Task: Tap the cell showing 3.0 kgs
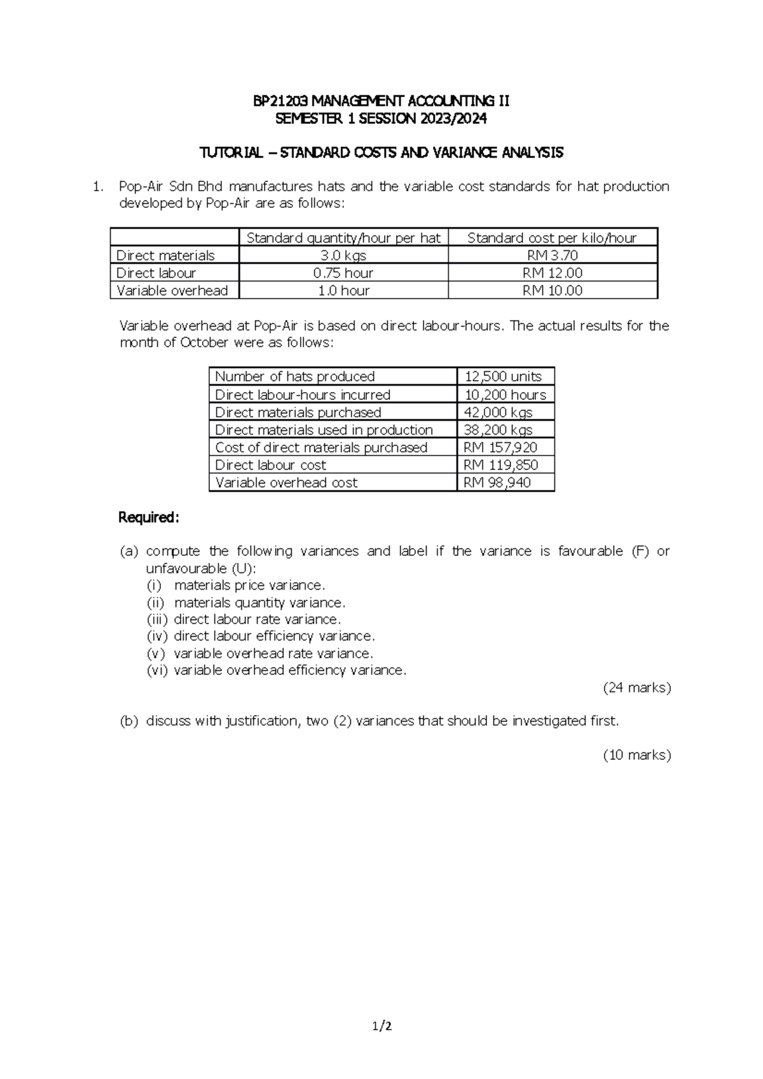(x=343, y=255)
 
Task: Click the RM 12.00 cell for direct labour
(x=552, y=273)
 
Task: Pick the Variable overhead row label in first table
(x=172, y=290)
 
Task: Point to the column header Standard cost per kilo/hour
(x=552, y=238)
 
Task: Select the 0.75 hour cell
(x=343, y=273)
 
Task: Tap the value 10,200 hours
(x=505, y=395)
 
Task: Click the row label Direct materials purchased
(x=298, y=412)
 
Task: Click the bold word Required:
(x=149, y=518)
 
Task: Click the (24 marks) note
(x=636, y=688)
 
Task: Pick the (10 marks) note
(x=636, y=755)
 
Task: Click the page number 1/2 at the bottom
(x=381, y=1025)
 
